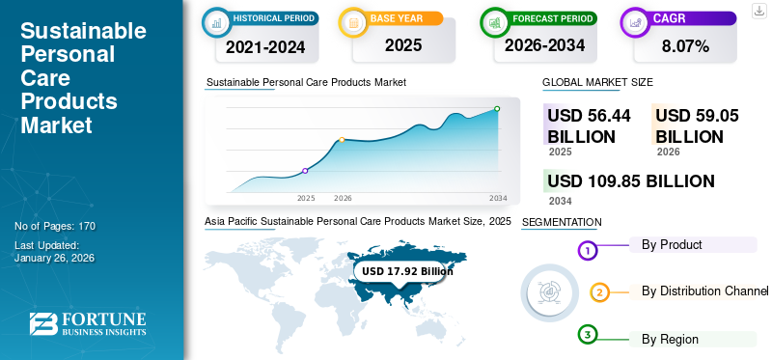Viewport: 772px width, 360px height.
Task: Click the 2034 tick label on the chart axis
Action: point(498,198)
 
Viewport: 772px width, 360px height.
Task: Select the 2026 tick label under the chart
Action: point(343,198)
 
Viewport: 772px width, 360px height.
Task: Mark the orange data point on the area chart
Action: point(342,140)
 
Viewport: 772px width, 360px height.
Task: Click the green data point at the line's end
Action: point(497,109)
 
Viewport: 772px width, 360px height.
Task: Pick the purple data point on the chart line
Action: point(306,171)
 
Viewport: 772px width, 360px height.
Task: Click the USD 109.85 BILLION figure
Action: point(630,181)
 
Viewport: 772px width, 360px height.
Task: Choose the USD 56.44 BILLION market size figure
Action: point(589,125)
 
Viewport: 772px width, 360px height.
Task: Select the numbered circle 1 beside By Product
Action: point(588,252)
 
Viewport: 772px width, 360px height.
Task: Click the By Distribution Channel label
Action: point(704,291)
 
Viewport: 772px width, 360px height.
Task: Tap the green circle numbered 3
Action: point(588,335)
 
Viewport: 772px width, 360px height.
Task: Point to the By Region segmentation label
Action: point(670,339)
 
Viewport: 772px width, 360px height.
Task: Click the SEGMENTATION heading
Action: point(562,223)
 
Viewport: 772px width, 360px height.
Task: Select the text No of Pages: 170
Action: point(55,226)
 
